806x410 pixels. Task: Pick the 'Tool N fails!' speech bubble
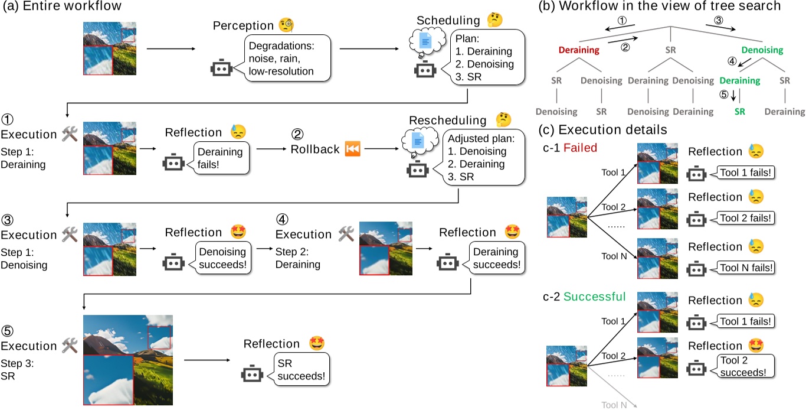coord(745,268)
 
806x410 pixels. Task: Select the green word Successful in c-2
coord(596,296)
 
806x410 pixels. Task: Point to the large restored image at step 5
coord(128,359)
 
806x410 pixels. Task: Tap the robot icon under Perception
coord(220,69)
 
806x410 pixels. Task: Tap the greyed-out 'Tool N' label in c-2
coord(614,404)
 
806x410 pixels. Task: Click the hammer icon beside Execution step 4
coord(346,235)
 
